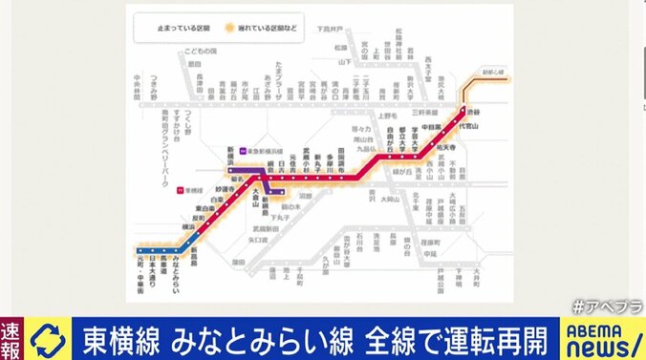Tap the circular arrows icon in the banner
pyautogui.click(x=48, y=337)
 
